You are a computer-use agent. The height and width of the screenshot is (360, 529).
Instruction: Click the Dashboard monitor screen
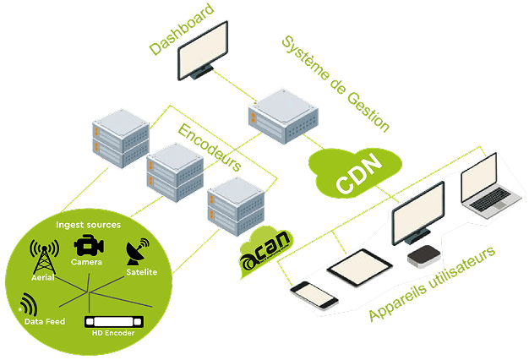tap(204, 48)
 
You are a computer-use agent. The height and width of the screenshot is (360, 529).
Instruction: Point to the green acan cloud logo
tap(264, 249)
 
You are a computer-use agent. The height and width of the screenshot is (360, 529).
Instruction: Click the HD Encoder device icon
tap(112, 322)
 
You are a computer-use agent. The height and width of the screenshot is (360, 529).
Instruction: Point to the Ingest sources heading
tap(88, 225)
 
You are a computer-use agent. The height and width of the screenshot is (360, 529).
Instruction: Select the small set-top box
tap(422, 255)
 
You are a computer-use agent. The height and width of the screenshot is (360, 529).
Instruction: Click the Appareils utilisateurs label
tap(433, 284)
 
